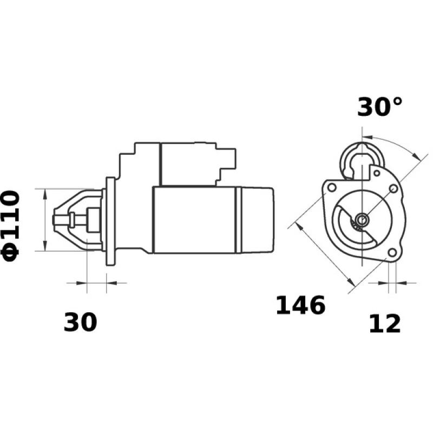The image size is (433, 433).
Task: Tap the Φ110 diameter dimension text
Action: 12,222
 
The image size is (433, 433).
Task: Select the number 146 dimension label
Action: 300,306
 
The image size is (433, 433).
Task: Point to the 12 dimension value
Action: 385,324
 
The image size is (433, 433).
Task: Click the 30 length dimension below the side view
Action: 80,322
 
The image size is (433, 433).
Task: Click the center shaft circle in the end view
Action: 361,219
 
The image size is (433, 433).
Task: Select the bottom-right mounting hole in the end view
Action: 392,253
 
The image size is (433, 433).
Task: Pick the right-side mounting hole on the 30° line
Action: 393,189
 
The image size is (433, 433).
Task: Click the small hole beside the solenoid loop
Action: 376,173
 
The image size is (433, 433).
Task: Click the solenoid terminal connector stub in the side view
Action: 232,158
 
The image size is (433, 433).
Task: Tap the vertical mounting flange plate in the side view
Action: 111,221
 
